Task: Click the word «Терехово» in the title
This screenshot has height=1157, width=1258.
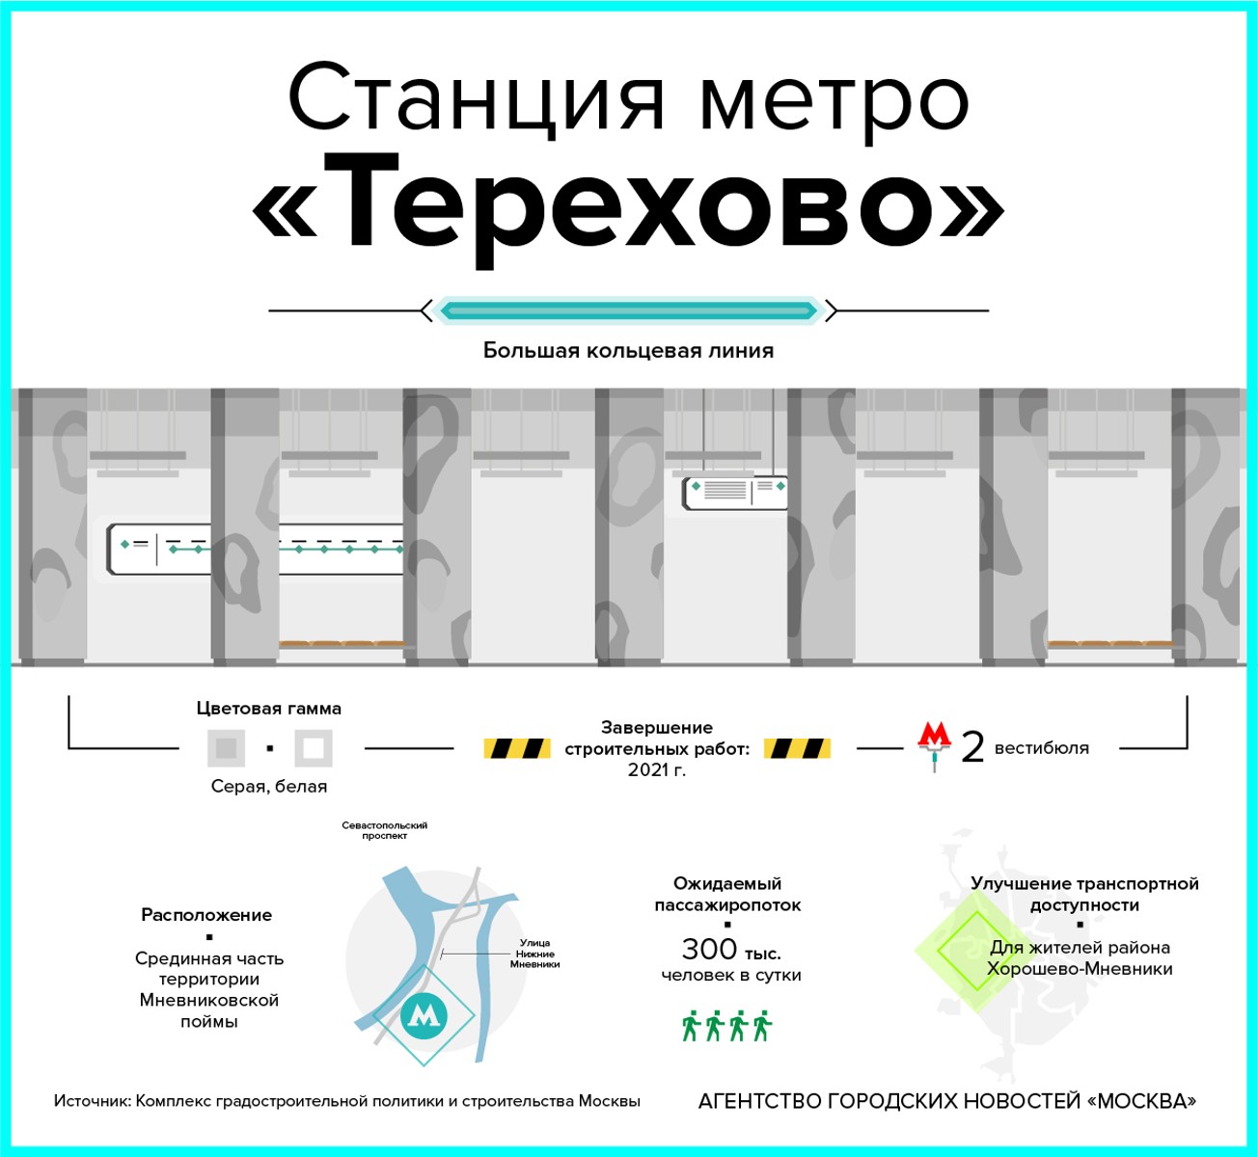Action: [628, 210]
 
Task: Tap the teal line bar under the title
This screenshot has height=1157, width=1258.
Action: [628, 310]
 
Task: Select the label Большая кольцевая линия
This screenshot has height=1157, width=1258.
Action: [628, 350]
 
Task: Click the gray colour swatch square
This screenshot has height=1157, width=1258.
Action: [226, 748]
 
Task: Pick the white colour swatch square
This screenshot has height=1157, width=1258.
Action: [314, 748]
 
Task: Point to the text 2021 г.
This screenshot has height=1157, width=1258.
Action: [657, 769]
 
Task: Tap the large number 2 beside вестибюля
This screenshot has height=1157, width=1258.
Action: [972, 748]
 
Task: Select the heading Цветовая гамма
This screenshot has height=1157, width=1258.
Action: [269, 709]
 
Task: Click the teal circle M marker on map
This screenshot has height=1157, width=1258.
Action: [424, 1014]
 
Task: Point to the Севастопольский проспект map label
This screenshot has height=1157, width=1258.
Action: [384, 830]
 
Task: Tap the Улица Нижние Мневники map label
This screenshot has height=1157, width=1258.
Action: [534, 954]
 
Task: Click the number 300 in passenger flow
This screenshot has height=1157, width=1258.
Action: [709, 949]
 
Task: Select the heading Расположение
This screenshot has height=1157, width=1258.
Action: [206, 914]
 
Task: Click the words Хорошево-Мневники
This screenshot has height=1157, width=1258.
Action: [1080, 969]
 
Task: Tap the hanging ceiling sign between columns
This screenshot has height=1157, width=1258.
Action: [735, 494]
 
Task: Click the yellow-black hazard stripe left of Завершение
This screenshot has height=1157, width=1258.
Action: [517, 748]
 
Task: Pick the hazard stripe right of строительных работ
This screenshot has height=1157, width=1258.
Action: [797, 748]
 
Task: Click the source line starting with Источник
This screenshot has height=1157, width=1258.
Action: [346, 1101]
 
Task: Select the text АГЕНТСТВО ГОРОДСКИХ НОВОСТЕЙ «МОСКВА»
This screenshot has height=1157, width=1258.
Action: [947, 1101]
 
